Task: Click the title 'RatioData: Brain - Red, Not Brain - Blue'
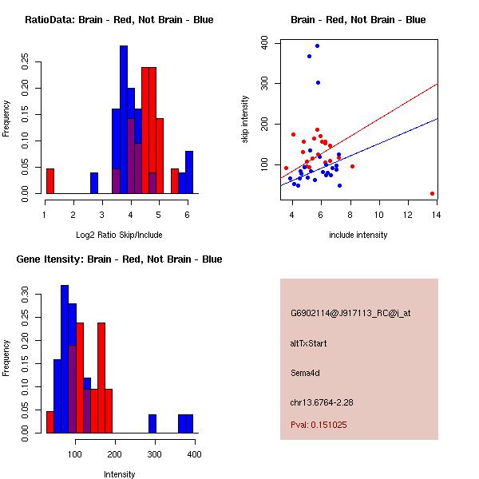point(119,19)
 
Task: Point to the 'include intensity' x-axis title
point(358,235)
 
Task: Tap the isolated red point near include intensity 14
point(432,193)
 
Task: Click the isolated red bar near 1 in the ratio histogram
point(50,180)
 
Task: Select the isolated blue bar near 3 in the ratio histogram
point(94,183)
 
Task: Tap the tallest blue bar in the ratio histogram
point(124,120)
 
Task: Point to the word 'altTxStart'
point(309,343)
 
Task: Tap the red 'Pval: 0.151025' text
point(319,425)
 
